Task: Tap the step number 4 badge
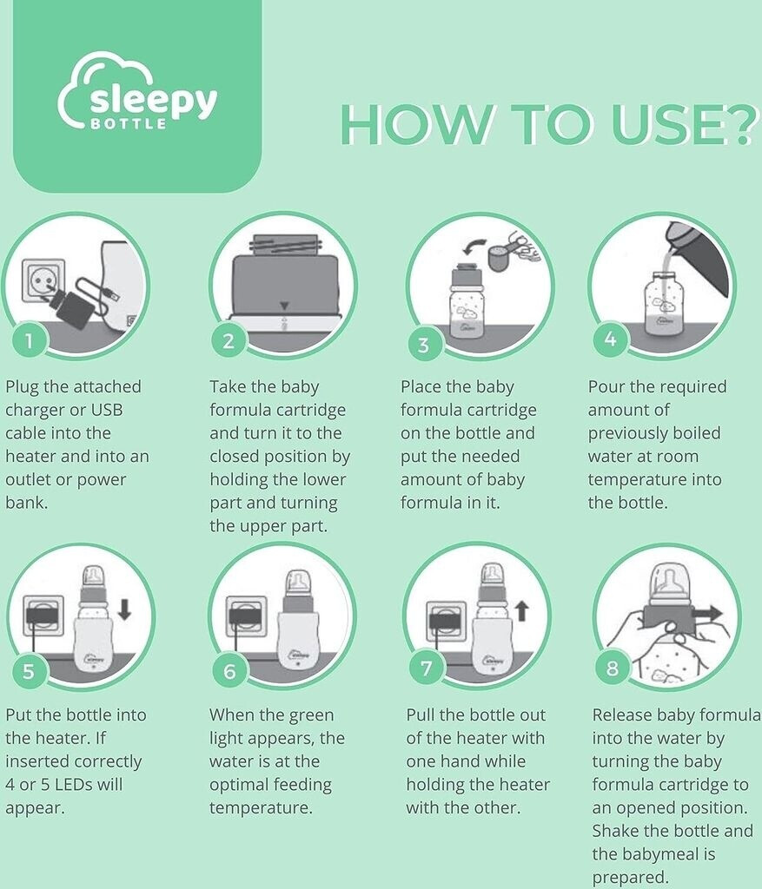pyautogui.click(x=610, y=339)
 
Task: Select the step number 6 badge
pyautogui.click(x=229, y=671)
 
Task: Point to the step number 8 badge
pyautogui.click(x=612, y=668)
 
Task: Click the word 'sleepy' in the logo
pyautogui.click(x=153, y=101)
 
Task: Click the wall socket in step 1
pyautogui.click(x=43, y=281)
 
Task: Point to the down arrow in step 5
pyautogui.click(x=125, y=609)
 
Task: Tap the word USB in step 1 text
pyautogui.click(x=107, y=410)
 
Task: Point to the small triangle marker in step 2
pyautogui.click(x=285, y=306)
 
